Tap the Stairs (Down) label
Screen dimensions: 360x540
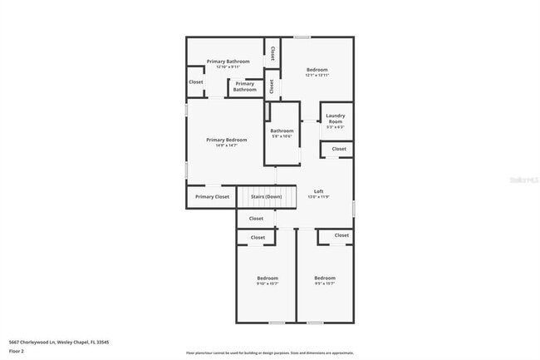[x=266, y=197]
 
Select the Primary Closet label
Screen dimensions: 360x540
[x=212, y=197]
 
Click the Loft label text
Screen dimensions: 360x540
[x=318, y=191]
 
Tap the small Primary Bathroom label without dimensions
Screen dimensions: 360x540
[x=244, y=86]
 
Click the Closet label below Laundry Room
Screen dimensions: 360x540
[x=339, y=149]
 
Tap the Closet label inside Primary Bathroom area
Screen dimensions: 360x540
[x=195, y=82]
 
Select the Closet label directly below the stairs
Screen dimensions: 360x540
[x=256, y=219]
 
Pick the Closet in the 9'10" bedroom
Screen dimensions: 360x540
[x=258, y=238]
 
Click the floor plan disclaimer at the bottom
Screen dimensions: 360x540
[x=270, y=353]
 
